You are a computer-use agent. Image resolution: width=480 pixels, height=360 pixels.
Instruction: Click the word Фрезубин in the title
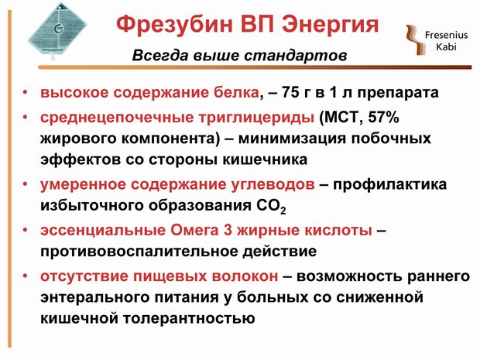tap(174, 25)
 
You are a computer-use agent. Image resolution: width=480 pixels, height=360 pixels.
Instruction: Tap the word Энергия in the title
tap(331, 25)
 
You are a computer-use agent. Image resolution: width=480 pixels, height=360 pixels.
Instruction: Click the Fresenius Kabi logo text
tap(446, 41)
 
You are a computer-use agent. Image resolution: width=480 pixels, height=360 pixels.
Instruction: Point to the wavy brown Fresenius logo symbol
tap(416, 39)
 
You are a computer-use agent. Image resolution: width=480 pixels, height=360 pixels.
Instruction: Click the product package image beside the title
tap(57, 31)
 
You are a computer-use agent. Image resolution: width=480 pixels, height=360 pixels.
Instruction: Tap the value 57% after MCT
tap(383, 117)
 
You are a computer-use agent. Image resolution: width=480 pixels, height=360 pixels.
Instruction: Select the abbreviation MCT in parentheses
tap(339, 117)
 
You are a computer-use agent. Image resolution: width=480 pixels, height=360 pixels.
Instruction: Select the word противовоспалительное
tap(139, 252)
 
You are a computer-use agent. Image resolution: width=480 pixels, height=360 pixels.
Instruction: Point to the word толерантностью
tap(189, 319)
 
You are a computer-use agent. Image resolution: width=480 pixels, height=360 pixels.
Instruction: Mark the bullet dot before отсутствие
tap(26, 276)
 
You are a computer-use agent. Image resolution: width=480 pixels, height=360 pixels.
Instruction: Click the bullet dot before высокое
tap(26, 92)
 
